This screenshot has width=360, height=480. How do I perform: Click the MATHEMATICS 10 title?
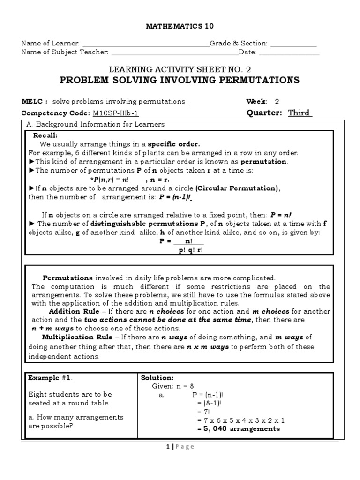[180, 26]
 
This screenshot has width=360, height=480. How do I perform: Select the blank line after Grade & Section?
[294, 45]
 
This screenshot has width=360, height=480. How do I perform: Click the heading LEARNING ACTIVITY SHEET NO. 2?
[180, 70]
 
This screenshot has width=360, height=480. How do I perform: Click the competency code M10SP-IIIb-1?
[115, 113]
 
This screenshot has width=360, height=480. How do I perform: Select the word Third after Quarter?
[300, 113]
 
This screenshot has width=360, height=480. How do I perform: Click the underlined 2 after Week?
[277, 102]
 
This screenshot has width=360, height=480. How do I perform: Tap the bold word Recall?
[45, 135]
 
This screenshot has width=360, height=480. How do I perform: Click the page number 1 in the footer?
[167, 447]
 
